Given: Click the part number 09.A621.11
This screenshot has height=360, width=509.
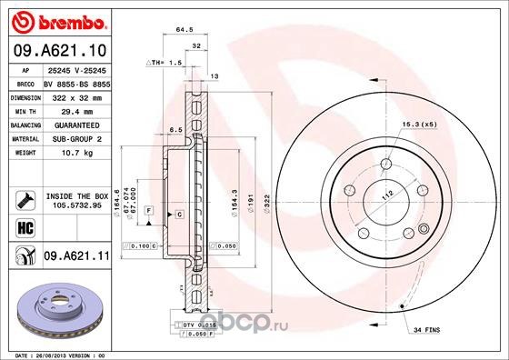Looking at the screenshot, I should [75, 257].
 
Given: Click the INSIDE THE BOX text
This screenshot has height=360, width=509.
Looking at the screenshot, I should [76, 195].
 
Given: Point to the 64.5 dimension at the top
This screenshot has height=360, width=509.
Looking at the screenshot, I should [185, 29].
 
